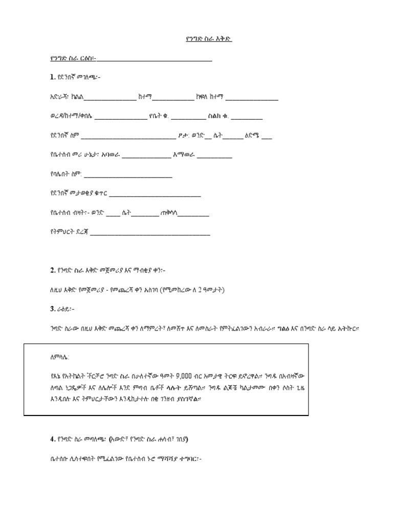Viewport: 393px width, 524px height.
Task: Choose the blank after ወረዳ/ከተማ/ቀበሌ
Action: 121,118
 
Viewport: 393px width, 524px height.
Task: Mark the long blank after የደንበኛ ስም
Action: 128,137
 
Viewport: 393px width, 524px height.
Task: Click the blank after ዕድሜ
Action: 267,137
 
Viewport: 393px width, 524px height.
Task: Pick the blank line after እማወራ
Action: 214,157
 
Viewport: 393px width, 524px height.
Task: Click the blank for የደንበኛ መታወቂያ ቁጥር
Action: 155,195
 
